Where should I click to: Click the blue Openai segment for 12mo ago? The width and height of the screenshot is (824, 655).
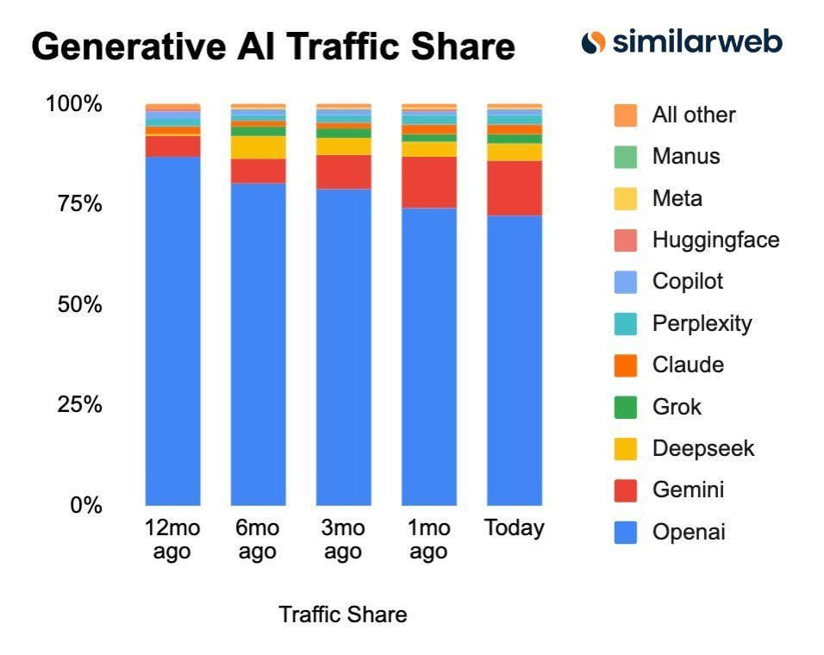click(172, 331)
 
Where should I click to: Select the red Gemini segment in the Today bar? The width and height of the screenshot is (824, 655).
click(515, 188)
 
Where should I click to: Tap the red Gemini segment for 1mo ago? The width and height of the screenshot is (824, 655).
click(429, 182)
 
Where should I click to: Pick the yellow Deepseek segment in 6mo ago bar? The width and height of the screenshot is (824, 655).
click(258, 147)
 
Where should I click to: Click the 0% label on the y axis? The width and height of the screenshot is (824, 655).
click(85, 505)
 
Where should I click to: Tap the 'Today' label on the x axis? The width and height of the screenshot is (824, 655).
click(515, 528)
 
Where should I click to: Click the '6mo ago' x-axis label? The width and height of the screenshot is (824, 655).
click(258, 540)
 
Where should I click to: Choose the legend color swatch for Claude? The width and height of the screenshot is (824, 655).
click(626, 365)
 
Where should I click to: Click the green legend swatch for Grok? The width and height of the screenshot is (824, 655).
click(626, 407)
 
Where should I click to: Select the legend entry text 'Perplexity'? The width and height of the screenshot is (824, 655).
click(702, 323)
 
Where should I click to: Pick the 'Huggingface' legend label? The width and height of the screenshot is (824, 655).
click(715, 240)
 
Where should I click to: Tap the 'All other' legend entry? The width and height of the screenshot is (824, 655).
click(694, 115)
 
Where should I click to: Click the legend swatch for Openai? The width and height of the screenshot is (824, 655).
click(626, 533)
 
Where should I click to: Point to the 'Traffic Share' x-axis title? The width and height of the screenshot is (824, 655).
click(342, 614)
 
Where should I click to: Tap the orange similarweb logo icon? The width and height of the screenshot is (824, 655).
click(593, 42)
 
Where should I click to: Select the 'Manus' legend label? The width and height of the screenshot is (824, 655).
click(685, 156)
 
